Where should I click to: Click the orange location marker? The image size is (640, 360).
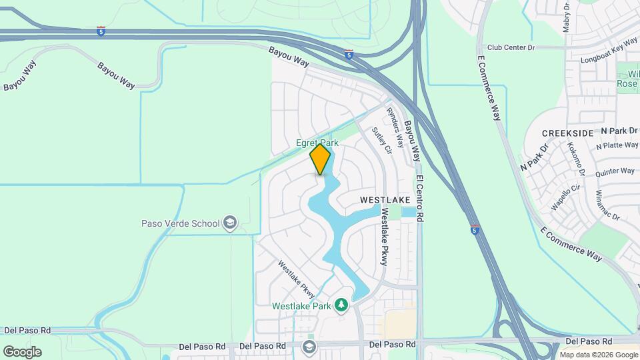click(x=321, y=159)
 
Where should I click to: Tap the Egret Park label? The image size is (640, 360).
click(x=317, y=143)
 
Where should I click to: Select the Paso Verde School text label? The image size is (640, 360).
click(x=180, y=223)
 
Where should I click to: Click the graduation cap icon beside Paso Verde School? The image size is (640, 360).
click(x=230, y=223)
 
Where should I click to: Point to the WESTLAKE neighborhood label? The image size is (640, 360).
click(x=383, y=199)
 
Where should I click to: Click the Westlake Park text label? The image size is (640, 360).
click(x=301, y=306)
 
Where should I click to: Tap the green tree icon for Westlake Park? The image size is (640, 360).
click(x=341, y=305)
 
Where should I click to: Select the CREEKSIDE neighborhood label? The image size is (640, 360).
click(x=567, y=133)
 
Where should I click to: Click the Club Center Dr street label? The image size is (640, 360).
click(x=511, y=48)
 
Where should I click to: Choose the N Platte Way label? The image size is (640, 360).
click(x=618, y=145)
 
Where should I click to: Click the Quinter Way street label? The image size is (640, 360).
click(x=615, y=171)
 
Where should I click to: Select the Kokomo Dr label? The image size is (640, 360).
click(x=576, y=159)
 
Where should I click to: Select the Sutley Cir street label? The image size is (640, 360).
click(x=379, y=139)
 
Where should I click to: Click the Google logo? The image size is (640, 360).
click(x=23, y=351)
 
